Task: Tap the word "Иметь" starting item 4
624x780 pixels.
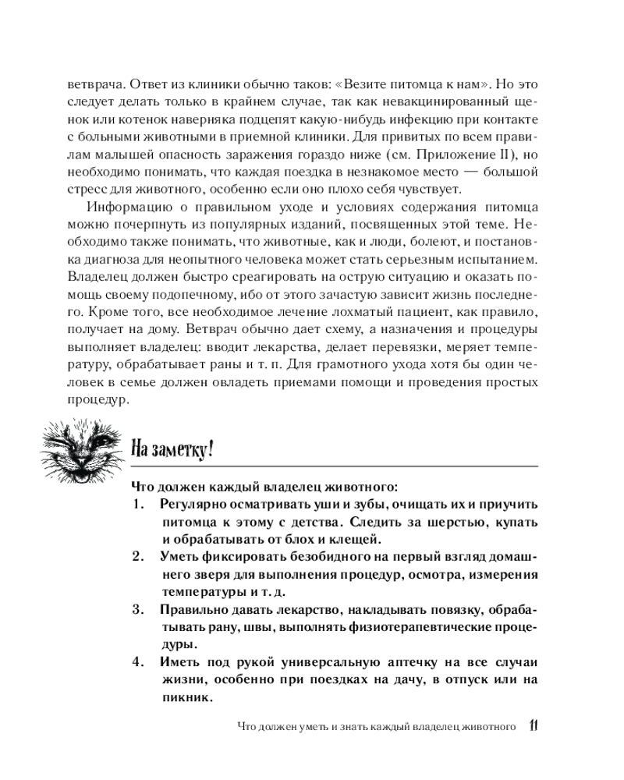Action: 180,663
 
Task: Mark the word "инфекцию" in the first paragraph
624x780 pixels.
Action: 421,118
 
